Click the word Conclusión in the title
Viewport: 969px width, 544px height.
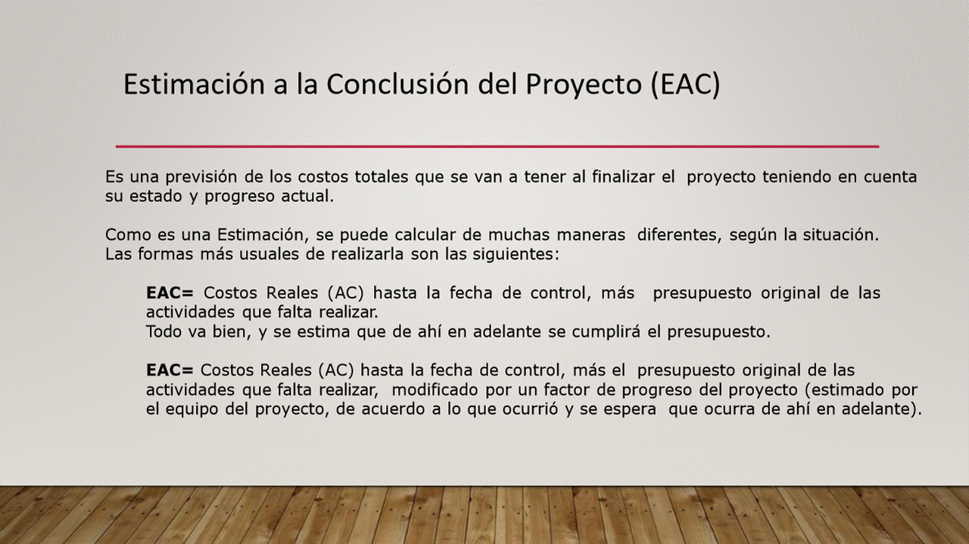pos(397,84)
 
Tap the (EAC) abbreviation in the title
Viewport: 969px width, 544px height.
pos(685,85)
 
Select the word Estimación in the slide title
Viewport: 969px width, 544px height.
pos(194,84)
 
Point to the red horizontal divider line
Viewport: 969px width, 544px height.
pos(497,147)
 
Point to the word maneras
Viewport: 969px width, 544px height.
pos(591,235)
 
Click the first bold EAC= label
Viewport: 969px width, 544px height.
pos(170,293)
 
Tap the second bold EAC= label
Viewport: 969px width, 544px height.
pos(170,370)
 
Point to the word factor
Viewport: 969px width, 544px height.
pos(565,390)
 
